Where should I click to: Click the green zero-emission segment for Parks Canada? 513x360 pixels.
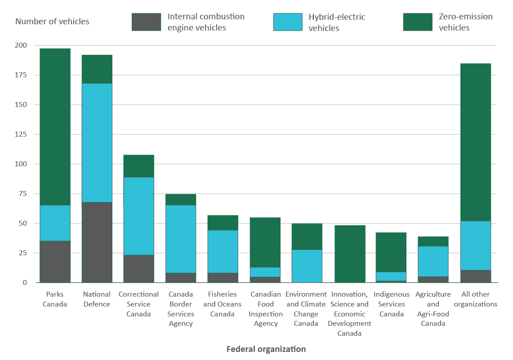tap(55, 126)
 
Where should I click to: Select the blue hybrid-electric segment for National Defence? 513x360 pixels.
tap(97, 142)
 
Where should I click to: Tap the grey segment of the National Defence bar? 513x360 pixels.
tap(97, 242)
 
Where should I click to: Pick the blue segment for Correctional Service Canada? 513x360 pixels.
tap(139, 216)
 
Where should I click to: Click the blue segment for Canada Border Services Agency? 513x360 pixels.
tap(181, 239)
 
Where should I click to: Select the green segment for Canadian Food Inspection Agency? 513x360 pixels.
tap(265, 242)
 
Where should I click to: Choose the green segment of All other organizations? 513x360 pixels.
tap(476, 142)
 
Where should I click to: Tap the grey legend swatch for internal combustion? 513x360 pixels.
tap(146, 22)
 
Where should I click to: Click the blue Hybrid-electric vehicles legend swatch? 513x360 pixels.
tap(287, 22)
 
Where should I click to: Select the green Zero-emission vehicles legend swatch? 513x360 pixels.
tap(417, 22)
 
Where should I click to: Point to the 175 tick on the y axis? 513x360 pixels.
tap(21, 75)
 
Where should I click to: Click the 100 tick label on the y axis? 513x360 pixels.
tap(21, 164)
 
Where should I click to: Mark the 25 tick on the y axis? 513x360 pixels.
tap(23, 253)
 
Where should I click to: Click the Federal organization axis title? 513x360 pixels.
tap(266, 349)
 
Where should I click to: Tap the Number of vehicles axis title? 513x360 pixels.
tap(52, 22)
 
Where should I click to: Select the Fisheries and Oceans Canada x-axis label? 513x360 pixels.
tap(223, 304)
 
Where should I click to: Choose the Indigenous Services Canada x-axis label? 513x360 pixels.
tap(392, 304)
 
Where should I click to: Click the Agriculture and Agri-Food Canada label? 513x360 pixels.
tap(433, 309)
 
